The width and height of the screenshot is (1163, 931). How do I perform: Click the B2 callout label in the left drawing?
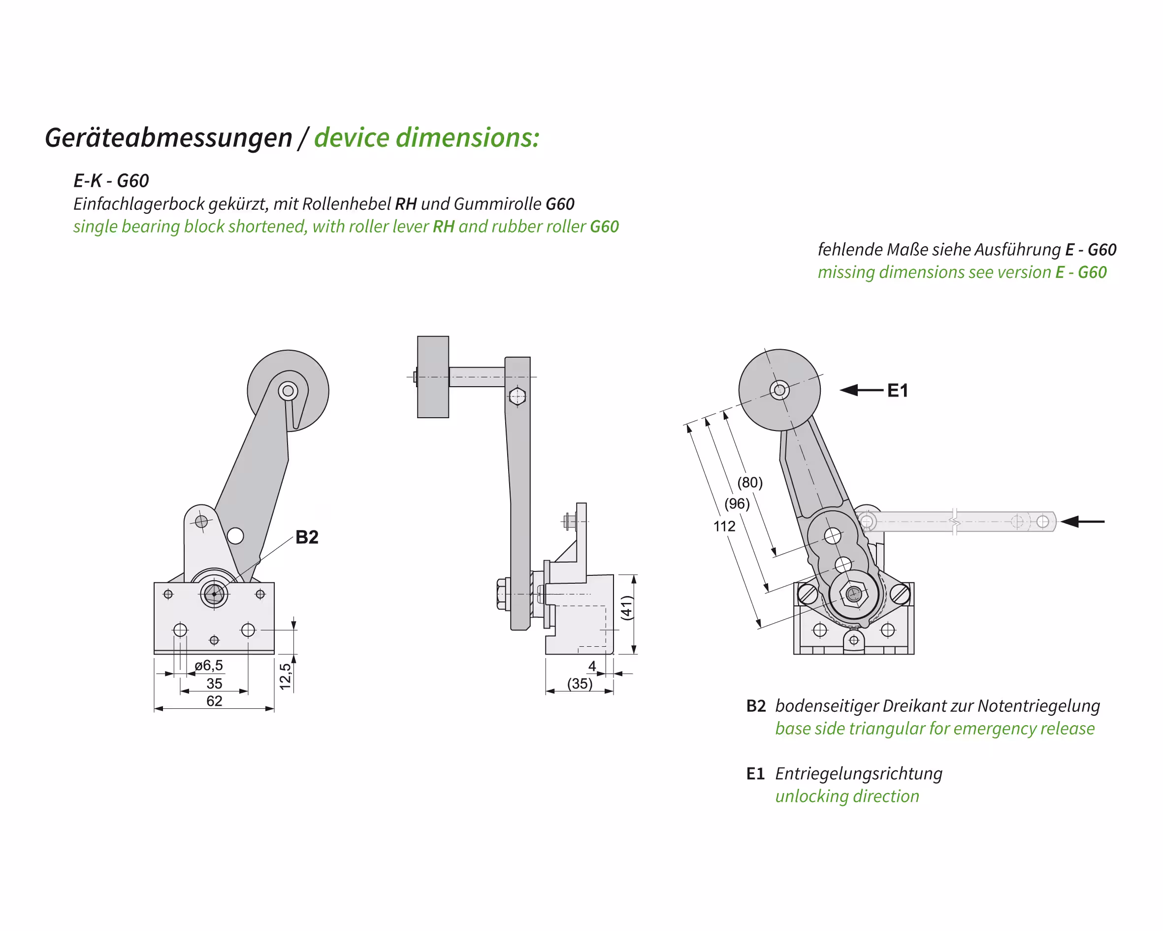[x=307, y=537]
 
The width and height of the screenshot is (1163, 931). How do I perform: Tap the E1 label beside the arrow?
[x=898, y=390]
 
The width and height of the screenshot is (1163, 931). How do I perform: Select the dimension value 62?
[x=214, y=700]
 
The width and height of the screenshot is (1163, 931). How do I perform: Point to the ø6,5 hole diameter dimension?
[x=209, y=665]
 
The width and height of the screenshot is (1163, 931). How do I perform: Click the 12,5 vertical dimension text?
[x=285, y=676]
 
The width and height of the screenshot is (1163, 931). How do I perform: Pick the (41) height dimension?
[x=626, y=608]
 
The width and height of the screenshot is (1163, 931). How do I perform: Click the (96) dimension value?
[x=737, y=503]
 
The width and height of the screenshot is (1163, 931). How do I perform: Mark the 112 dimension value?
[x=724, y=526]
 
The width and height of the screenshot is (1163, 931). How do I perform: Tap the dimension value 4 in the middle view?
[x=592, y=666]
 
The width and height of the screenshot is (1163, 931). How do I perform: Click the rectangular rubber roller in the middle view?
[x=433, y=377]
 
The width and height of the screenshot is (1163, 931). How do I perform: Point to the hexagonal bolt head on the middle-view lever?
[x=517, y=396]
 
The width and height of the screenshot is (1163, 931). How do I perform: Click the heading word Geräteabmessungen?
[x=168, y=137]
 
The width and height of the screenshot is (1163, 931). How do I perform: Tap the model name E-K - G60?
[x=111, y=181]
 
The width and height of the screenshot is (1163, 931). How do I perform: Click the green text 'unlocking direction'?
[x=847, y=796]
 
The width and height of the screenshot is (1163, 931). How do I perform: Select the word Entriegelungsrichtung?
[x=858, y=773]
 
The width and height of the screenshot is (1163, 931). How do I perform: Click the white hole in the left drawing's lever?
[x=235, y=535]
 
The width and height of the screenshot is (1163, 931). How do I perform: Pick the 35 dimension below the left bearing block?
[x=214, y=683]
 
